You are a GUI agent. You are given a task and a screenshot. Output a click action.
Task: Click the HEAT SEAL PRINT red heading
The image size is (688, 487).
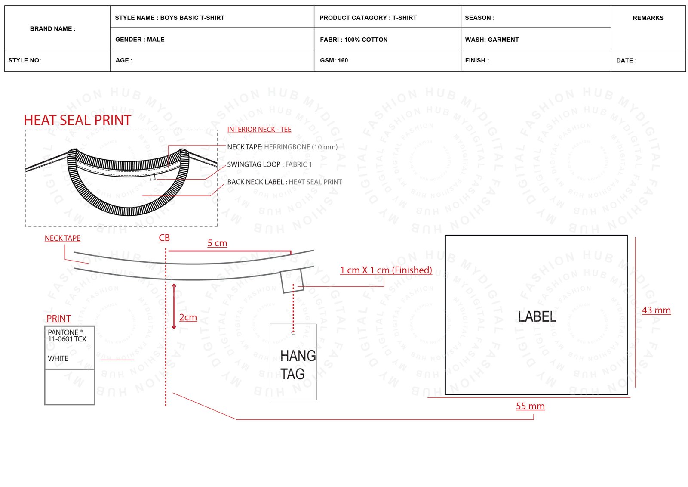click(77, 120)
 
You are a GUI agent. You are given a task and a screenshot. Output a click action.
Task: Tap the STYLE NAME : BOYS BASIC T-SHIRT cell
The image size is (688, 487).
click(212, 17)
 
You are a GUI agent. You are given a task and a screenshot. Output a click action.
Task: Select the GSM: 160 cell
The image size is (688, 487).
click(387, 61)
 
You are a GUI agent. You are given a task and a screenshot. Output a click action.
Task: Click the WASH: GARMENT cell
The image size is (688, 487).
click(536, 39)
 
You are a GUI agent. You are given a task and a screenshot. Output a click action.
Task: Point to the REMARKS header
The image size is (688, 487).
click(648, 18)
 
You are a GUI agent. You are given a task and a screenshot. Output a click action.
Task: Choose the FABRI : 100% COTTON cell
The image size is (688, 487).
click(387, 39)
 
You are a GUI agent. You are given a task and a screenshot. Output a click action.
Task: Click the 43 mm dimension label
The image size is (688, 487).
click(656, 310)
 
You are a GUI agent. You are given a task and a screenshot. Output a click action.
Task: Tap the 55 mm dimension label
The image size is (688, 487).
click(530, 406)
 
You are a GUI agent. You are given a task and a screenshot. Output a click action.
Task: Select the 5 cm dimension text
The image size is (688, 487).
click(217, 243)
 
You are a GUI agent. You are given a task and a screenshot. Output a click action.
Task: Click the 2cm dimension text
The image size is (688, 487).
click(188, 317)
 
